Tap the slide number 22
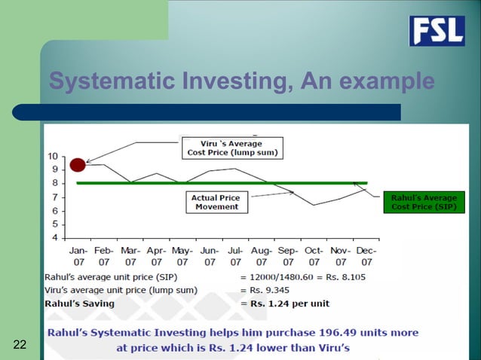(x=20, y=345)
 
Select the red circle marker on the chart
(x=77, y=164)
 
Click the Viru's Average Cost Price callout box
(x=231, y=148)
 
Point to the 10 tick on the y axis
(x=53, y=156)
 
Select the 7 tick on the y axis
(x=55, y=197)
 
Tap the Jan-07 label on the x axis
(x=78, y=257)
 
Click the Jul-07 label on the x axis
(x=235, y=257)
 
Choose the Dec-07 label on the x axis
(x=366, y=257)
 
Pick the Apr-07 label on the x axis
(x=156, y=257)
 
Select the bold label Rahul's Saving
(x=80, y=304)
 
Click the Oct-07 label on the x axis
(x=314, y=257)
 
